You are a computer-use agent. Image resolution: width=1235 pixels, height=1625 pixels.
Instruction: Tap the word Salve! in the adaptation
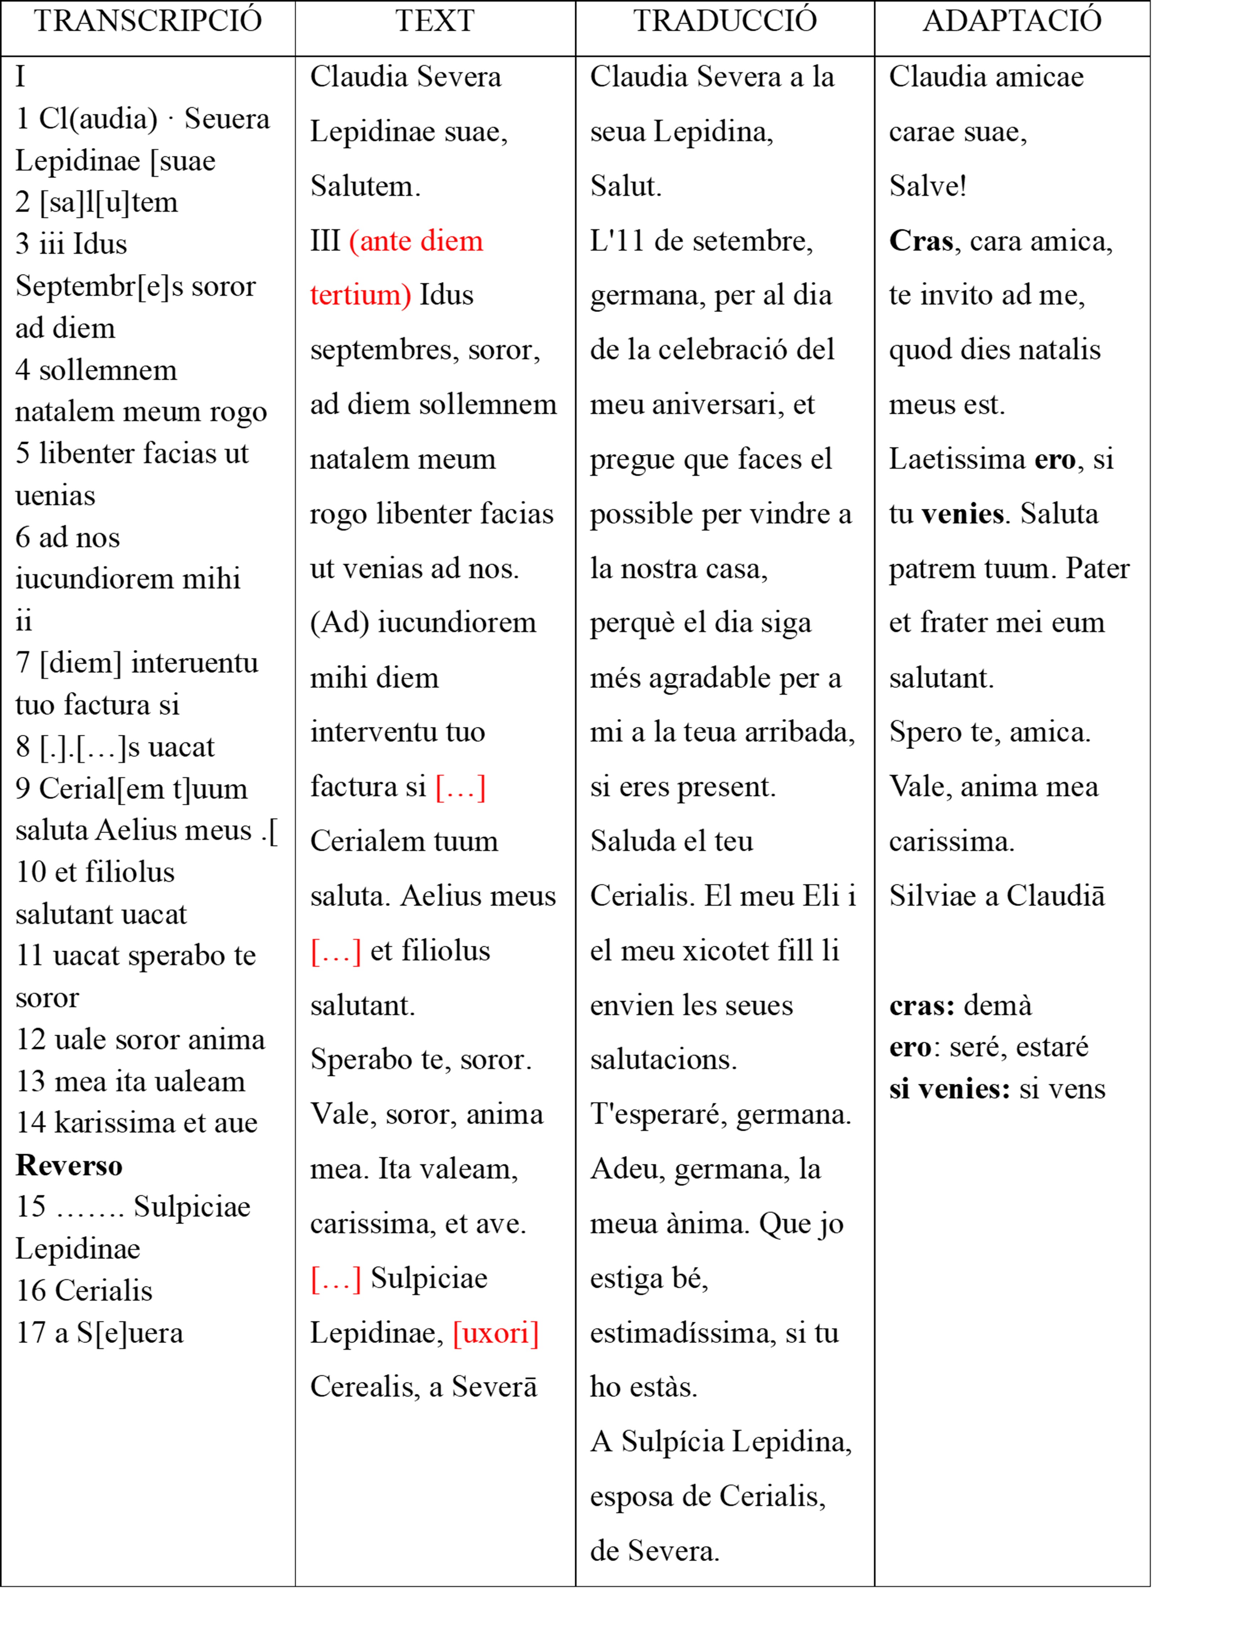coord(927,186)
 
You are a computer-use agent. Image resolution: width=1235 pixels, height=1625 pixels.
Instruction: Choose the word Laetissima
coord(956,459)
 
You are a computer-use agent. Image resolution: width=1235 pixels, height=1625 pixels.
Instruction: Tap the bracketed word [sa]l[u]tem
coord(109,202)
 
